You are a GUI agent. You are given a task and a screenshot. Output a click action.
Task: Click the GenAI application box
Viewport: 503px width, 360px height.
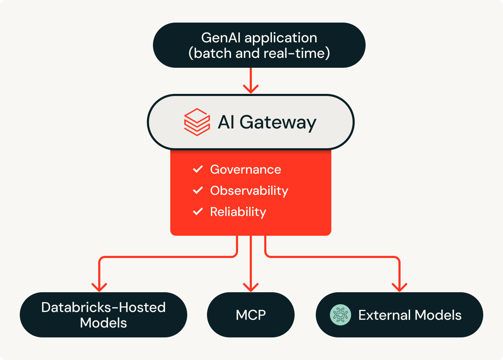click(x=259, y=45)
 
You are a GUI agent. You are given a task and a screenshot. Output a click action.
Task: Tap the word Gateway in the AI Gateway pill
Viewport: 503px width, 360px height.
click(x=278, y=122)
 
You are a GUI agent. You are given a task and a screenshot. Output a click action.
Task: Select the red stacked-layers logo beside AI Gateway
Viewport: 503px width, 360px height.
click(x=197, y=122)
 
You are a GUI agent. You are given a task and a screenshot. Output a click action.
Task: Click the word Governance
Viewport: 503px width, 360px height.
click(x=245, y=169)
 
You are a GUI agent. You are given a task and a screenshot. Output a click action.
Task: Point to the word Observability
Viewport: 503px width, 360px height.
click(x=249, y=191)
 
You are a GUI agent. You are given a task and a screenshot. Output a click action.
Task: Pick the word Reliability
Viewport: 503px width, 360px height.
click(x=238, y=212)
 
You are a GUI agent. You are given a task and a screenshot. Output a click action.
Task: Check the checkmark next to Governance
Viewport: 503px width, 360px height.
click(x=198, y=169)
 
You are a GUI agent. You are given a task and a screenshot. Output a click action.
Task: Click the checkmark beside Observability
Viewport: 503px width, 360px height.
click(x=198, y=190)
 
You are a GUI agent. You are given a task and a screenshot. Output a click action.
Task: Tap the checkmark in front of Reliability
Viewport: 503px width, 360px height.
click(x=198, y=211)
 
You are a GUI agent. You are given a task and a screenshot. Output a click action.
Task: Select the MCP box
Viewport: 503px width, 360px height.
click(x=250, y=315)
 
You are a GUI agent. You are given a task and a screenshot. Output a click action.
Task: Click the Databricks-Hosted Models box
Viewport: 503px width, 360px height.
click(x=103, y=315)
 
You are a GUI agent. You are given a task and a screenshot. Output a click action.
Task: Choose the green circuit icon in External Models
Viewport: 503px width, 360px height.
click(x=341, y=315)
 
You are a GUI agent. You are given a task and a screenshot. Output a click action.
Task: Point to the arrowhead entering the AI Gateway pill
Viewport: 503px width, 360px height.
click(x=251, y=89)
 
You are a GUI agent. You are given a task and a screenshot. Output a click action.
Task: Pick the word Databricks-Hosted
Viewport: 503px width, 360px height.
click(x=103, y=307)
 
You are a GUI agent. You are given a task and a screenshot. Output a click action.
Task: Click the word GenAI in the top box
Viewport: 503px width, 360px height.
click(x=221, y=38)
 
